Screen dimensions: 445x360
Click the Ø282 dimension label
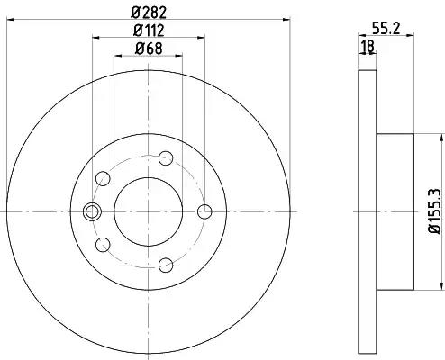pyautogui.click(x=149, y=13)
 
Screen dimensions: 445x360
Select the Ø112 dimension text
pyautogui.click(x=149, y=31)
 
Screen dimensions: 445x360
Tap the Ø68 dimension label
pyautogui.click(x=149, y=49)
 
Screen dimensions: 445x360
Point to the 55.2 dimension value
pyautogui.click(x=386, y=29)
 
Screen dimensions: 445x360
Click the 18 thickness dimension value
pyautogui.click(x=368, y=47)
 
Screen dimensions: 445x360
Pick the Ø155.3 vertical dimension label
pyautogui.click(x=435, y=211)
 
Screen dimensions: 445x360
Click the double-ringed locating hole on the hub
pyautogui.click(x=92, y=211)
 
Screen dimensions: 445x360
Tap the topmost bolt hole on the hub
pyautogui.click(x=166, y=158)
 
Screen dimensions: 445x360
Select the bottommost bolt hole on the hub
pyautogui.click(x=166, y=265)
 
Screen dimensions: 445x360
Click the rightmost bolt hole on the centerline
pyautogui.click(x=204, y=211)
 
